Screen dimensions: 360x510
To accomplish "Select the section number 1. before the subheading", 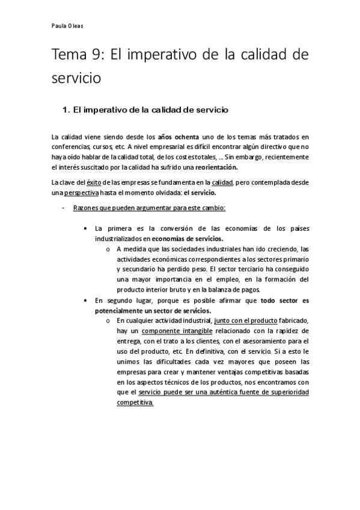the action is pyautogui.click(x=67, y=110).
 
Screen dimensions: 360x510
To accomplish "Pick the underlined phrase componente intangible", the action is pyautogui.click(x=171, y=331).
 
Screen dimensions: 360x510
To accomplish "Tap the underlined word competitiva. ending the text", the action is pyautogui.click(x=135, y=403).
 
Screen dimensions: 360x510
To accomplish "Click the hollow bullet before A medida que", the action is pyautogui.click(x=108, y=249).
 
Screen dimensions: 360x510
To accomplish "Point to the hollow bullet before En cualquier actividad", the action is pyautogui.click(x=108, y=321).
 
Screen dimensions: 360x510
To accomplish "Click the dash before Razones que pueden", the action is pyautogui.click(x=64, y=207).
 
